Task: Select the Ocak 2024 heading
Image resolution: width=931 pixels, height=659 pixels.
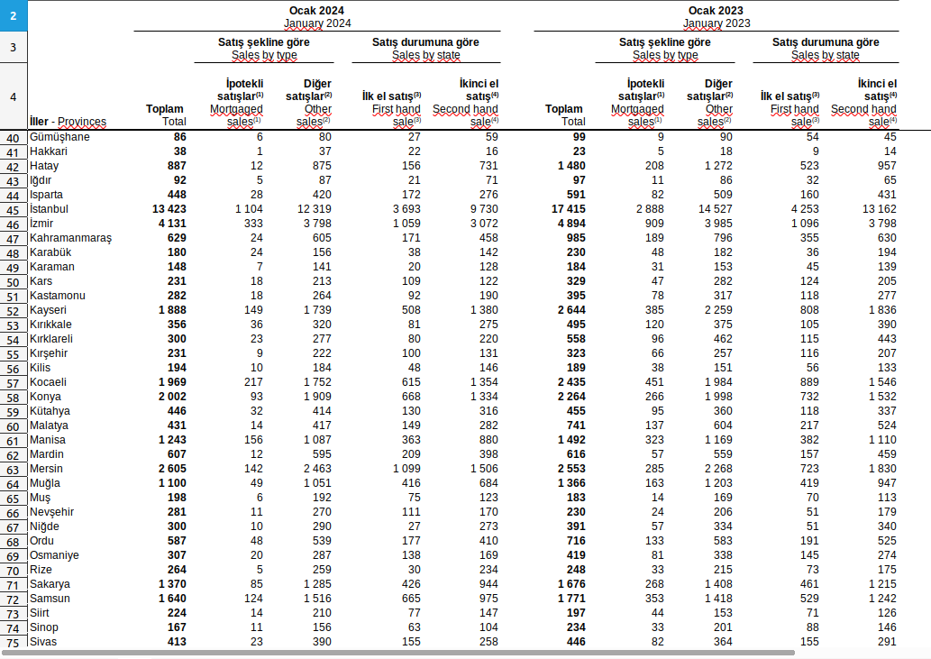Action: [x=317, y=10]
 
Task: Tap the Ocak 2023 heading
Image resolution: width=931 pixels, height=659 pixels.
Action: [x=716, y=10]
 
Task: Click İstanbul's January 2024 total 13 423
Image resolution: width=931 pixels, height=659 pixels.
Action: [x=165, y=209]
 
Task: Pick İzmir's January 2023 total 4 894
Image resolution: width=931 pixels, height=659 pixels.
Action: [x=566, y=224]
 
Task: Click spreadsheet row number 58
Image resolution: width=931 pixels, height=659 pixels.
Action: [x=13, y=398]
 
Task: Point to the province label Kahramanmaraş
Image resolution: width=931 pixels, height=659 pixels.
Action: [x=70, y=238]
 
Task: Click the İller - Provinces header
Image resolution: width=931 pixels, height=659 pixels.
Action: [x=68, y=122]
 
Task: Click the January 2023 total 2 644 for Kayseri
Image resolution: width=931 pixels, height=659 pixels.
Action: [x=566, y=310]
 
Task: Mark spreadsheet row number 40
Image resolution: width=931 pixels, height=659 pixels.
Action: [x=13, y=138]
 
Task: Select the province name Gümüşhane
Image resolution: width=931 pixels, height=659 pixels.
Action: [x=59, y=137]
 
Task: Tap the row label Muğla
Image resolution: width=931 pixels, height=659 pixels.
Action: [x=45, y=483]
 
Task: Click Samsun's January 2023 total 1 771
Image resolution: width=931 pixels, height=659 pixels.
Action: [x=566, y=599]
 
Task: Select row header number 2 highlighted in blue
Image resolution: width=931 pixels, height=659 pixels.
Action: [x=13, y=15]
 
